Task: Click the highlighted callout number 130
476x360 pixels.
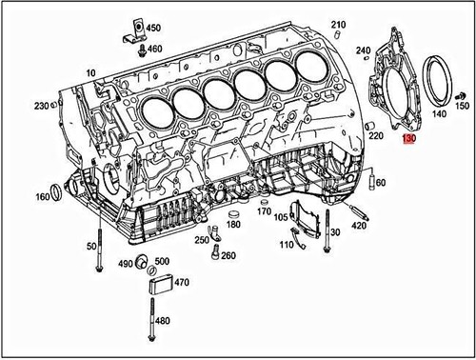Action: (409, 139)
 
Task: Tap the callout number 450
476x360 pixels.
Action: (153, 28)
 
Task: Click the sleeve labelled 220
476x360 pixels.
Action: (369, 126)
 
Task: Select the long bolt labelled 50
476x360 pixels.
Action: (99, 250)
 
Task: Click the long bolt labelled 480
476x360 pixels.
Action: (152, 320)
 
